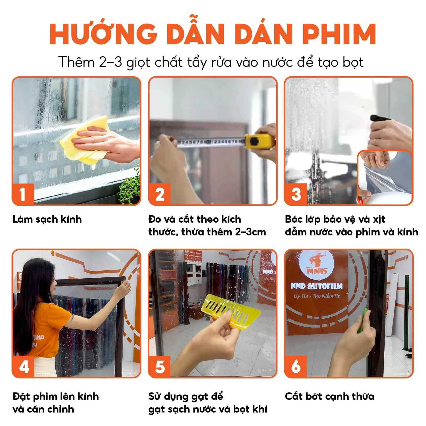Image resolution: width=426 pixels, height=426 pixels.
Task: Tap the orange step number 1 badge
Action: [x=23, y=194]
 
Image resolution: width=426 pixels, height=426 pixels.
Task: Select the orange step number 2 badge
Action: [x=160, y=194]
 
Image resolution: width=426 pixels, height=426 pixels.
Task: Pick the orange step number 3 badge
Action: [x=296, y=194]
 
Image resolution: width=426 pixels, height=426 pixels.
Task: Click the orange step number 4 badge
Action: [x=23, y=366]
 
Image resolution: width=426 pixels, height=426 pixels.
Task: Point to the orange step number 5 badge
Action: [x=160, y=366]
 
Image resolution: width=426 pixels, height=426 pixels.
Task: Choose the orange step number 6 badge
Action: [x=296, y=366]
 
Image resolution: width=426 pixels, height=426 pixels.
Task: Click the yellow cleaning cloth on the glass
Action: [x=85, y=139]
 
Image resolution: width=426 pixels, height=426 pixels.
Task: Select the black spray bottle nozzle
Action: [x=379, y=118]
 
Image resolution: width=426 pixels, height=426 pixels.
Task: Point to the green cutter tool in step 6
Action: [x=362, y=321]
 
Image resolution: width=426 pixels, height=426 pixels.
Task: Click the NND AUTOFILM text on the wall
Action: [x=316, y=286]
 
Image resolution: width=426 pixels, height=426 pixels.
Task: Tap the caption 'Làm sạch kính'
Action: [x=47, y=219]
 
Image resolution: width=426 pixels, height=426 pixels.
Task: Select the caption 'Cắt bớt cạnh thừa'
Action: [x=329, y=396]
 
